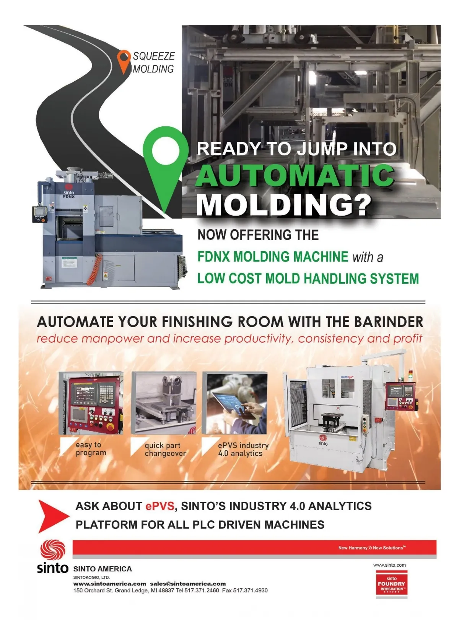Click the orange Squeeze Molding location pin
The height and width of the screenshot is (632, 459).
pos(124,60)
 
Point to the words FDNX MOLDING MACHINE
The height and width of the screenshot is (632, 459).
pos(273,257)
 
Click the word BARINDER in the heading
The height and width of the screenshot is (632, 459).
pos(389,322)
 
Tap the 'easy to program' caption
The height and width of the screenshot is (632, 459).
pos(91,449)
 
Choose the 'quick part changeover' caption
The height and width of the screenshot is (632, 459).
pos(165,449)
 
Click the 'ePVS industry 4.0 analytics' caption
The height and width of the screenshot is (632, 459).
pos(243,449)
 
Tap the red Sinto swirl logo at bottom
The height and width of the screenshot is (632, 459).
pos(53,550)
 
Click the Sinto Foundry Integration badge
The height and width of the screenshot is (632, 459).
pos(391,584)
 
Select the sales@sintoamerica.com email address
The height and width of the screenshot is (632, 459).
pos(188,584)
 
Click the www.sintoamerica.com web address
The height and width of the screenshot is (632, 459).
pos(109,584)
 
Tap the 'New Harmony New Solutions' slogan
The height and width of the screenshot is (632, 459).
pos(371,548)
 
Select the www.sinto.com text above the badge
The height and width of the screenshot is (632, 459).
pos(389,565)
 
